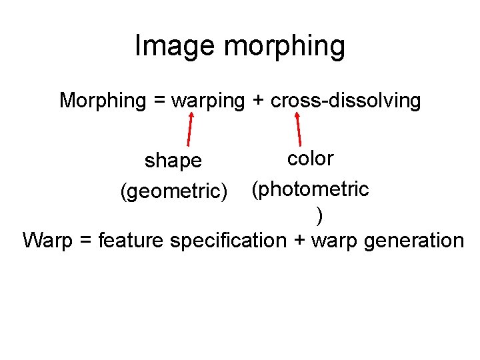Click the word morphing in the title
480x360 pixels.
pos(285,47)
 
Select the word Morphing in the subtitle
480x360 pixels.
pos(103,101)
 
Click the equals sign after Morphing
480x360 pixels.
pos(158,101)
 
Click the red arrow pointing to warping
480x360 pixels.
pos(191,129)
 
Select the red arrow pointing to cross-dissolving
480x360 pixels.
pos(299,129)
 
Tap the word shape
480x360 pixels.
pos(173,161)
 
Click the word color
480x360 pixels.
pos(310,159)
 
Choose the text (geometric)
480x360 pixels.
pos(174,191)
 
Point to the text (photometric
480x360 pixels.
pos(310,189)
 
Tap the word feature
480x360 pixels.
pos(131,240)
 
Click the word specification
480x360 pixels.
pos(228,240)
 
